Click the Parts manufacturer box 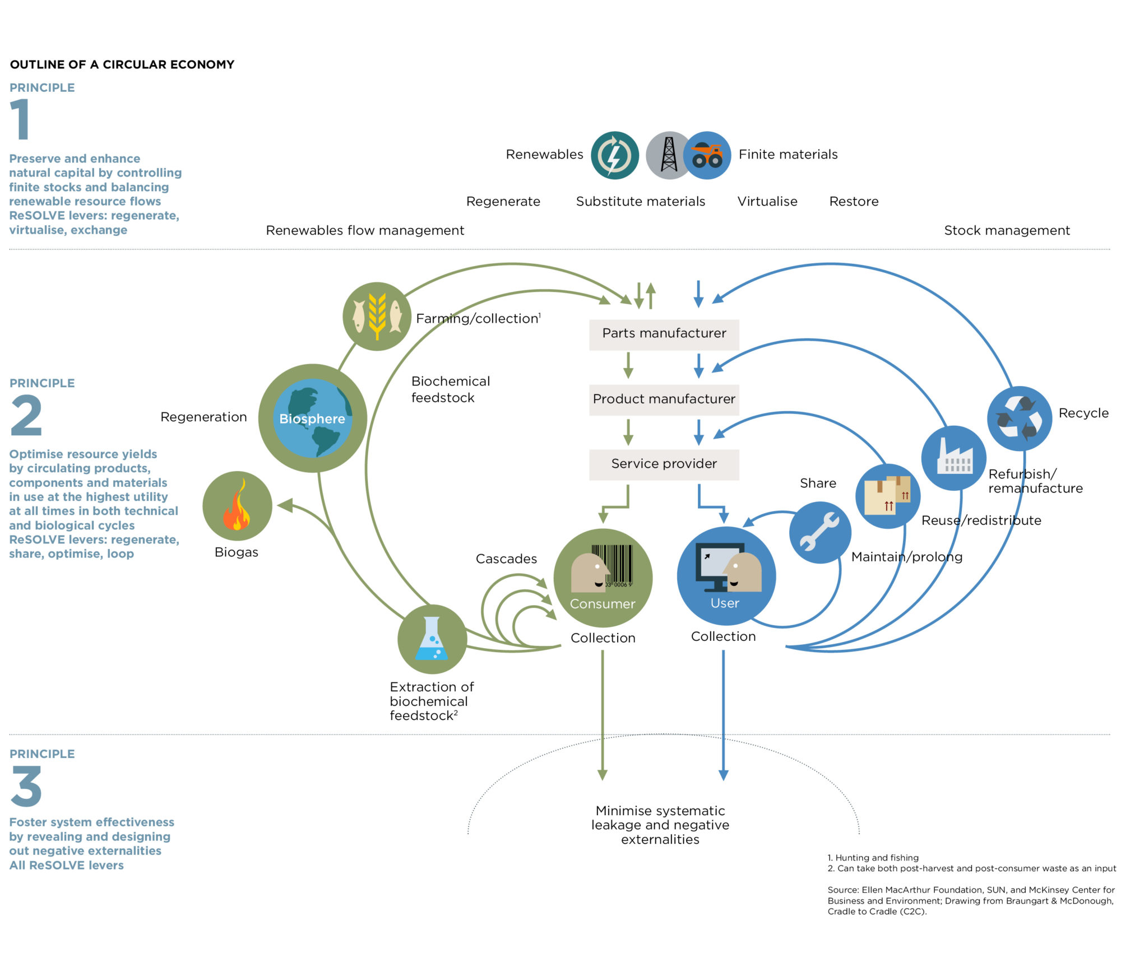(664, 334)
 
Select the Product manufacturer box (664, 399)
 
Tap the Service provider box (664, 464)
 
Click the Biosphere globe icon (312, 418)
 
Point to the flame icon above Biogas (237, 505)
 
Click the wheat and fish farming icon (377, 317)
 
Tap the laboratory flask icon (432, 639)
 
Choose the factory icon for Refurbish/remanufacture (954, 458)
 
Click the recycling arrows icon (1019, 418)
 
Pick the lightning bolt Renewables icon (614, 155)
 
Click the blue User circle (726, 576)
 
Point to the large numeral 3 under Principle (26, 786)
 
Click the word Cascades (506, 559)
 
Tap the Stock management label (1007, 230)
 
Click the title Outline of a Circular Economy (122, 64)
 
